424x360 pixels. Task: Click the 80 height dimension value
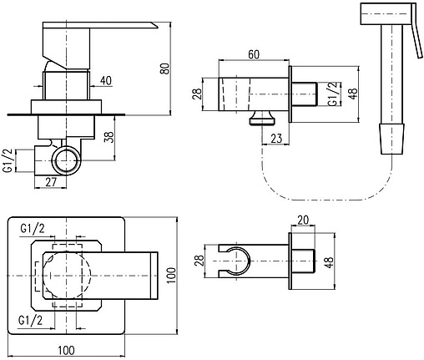pyautogui.click(x=165, y=68)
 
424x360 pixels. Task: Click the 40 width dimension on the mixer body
pyautogui.click(x=106, y=80)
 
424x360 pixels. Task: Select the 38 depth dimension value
pyautogui.click(x=109, y=137)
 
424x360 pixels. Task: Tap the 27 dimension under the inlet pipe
pyautogui.click(x=51, y=182)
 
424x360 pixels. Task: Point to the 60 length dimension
pyautogui.click(x=254, y=54)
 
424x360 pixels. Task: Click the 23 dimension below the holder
pyautogui.click(x=276, y=139)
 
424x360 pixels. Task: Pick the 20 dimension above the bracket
pyautogui.click(x=303, y=221)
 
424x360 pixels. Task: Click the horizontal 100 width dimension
pyautogui.click(x=67, y=350)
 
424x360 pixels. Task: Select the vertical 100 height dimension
pyautogui.click(x=172, y=275)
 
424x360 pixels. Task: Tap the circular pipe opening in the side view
pyautogui.click(x=66, y=160)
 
